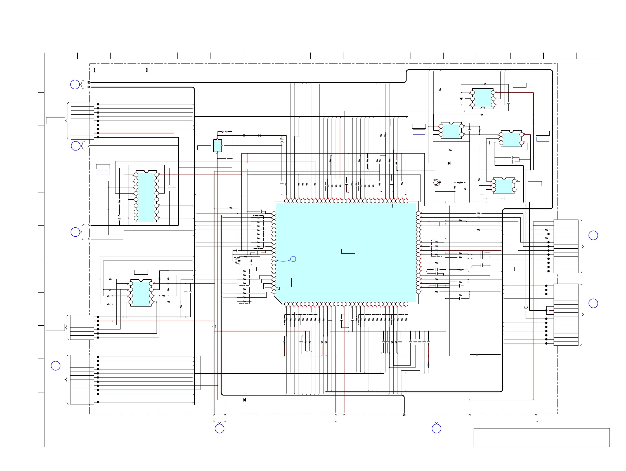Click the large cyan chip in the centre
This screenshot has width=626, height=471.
coord(346,252)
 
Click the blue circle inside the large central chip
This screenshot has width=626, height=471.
coord(293,259)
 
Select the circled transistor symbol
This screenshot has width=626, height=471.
coord(437,183)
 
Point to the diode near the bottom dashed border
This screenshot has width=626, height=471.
coord(245,400)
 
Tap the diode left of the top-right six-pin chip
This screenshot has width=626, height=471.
coord(461,99)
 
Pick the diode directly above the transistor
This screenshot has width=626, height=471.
coord(449,163)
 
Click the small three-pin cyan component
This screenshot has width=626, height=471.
coord(218,146)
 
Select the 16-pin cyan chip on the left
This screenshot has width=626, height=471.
coord(146,196)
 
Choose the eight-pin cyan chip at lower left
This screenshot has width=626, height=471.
coord(141,293)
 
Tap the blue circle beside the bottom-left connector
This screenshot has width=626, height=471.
coord(55,366)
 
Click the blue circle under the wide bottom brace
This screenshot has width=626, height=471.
coord(436,428)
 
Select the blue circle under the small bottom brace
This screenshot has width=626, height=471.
coord(219,428)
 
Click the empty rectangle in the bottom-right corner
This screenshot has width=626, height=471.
coord(541,438)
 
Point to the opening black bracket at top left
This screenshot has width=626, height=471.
coord(95,70)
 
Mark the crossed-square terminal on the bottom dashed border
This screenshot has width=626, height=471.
coord(404,415)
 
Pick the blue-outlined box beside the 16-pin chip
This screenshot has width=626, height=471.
coord(103,173)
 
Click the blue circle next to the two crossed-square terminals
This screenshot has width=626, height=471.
coord(75,84)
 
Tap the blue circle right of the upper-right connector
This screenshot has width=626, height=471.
coord(593,235)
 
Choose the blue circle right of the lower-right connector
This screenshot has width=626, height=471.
coord(593,303)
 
